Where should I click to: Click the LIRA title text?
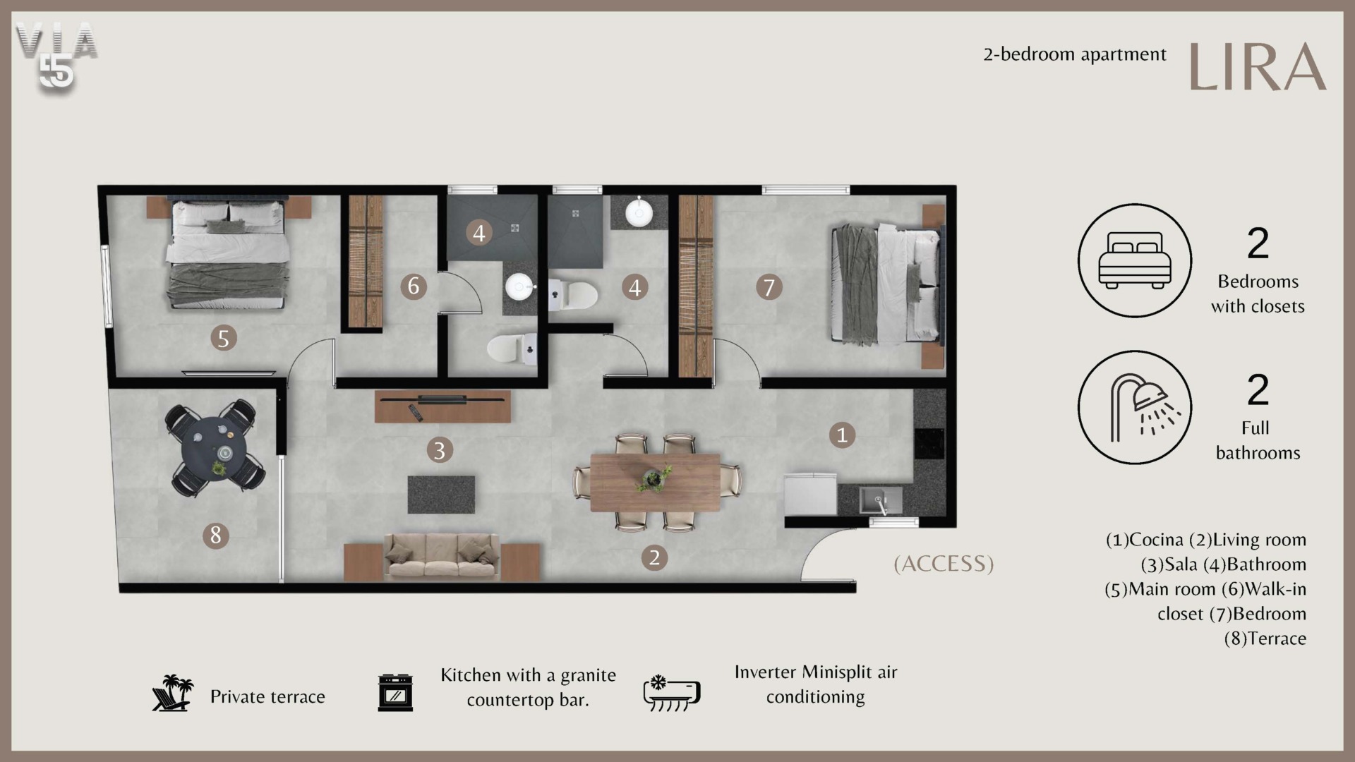point(1258,66)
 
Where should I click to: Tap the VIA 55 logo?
point(56,56)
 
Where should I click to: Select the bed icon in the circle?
point(1135,260)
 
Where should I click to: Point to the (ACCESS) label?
point(944,564)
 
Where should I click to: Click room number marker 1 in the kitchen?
point(841,435)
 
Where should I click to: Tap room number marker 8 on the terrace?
point(216,536)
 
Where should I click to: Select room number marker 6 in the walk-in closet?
point(414,286)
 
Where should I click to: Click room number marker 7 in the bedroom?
point(769,287)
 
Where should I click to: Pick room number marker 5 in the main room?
point(223,338)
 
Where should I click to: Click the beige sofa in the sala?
point(442,557)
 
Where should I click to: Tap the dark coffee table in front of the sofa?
point(441,495)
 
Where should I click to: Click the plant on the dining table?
point(654,478)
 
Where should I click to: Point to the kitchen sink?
point(880,500)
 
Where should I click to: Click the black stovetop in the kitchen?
point(929,444)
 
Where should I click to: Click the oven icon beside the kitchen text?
point(395,693)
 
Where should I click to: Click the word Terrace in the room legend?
point(1277,639)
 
